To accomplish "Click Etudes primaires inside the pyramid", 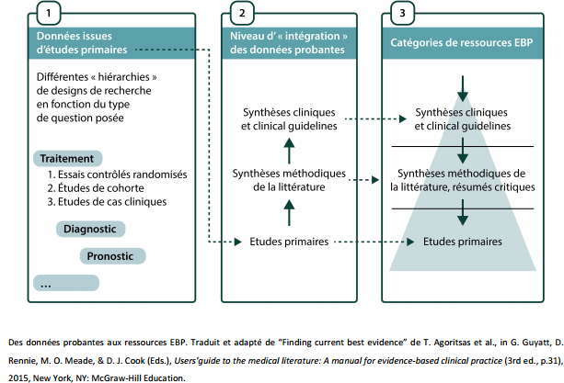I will click(x=462, y=242).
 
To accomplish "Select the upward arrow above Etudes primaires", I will click(x=288, y=214).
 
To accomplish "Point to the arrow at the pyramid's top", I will click(x=462, y=90).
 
